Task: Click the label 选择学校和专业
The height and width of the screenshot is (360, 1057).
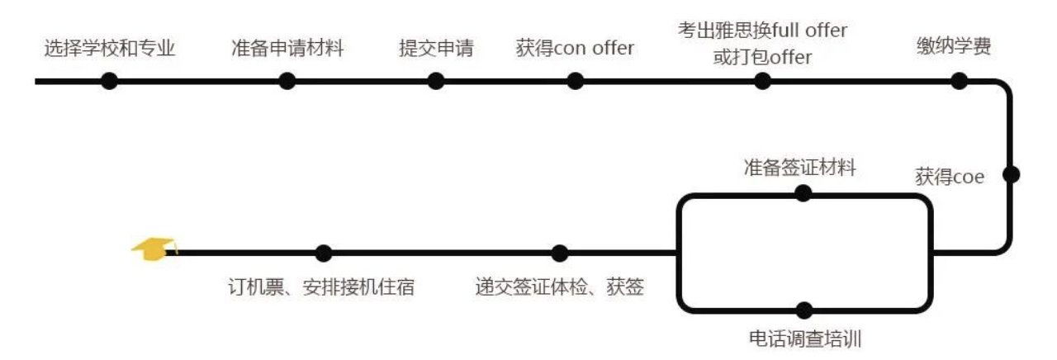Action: pos(109,49)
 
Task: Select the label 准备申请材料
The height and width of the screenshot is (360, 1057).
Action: pos(287,49)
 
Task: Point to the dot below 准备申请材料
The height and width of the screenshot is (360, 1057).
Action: pos(287,81)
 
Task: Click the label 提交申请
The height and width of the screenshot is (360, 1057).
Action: pos(435,49)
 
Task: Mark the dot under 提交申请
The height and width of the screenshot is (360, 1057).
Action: pos(436,81)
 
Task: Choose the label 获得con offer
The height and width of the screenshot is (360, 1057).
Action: pos(575,49)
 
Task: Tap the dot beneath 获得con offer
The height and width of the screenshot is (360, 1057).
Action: pos(576,81)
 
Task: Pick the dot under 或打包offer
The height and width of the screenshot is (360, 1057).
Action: pos(763,81)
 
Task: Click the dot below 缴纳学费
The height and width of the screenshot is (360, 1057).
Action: pos(959,81)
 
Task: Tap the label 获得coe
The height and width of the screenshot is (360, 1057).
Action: pos(950,177)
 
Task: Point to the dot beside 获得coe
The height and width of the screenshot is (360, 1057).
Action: pos(1011,174)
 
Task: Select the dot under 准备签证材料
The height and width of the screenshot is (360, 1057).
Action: pos(803,193)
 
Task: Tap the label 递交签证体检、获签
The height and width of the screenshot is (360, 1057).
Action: pos(559,287)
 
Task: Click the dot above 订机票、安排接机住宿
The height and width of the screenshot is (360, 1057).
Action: pos(324,253)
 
